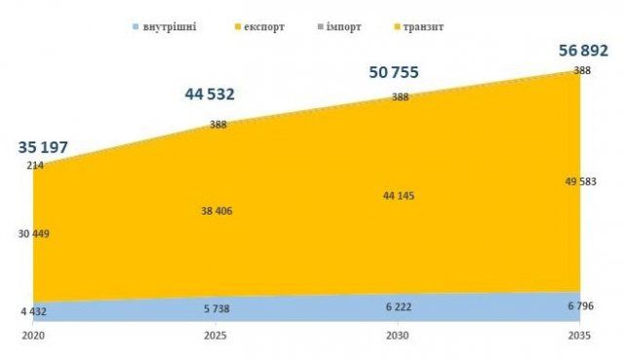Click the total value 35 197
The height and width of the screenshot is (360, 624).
coord(43,147)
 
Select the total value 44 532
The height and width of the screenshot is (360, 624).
coord(210,95)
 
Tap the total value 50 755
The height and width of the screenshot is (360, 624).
coord(394,72)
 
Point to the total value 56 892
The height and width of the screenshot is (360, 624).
coord(583,51)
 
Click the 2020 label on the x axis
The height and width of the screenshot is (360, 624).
coord(33,336)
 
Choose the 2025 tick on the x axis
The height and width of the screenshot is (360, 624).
coord(215,336)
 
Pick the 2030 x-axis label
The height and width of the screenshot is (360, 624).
coord(398,336)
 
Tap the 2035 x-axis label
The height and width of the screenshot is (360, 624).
coord(579,336)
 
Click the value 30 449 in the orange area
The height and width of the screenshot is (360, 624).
coord(34,234)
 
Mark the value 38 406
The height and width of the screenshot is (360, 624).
coord(216,211)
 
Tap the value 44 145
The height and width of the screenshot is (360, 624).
coord(399,196)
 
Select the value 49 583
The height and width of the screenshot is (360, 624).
coord(581,181)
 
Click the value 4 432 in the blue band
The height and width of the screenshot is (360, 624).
coord(34,311)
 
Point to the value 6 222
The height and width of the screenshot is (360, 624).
coord(399,307)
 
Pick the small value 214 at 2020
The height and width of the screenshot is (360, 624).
coord(35,165)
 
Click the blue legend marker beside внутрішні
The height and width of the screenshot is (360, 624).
coord(136,27)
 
